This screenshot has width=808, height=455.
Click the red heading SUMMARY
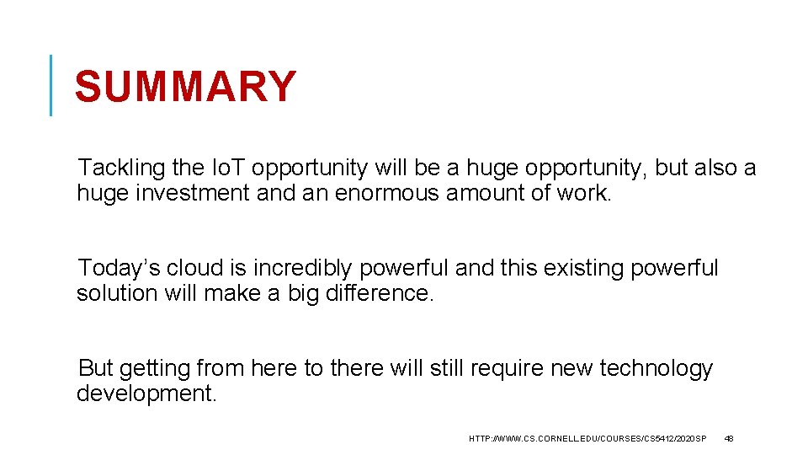(x=185, y=87)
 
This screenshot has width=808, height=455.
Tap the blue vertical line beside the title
(x=51, y=84)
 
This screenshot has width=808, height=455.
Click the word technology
(x=656, y=369)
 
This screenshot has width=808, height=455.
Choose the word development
(x=146, y=394)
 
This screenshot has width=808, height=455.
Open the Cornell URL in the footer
(x=587, y=439)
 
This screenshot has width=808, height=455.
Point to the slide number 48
(x=730, y=439)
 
